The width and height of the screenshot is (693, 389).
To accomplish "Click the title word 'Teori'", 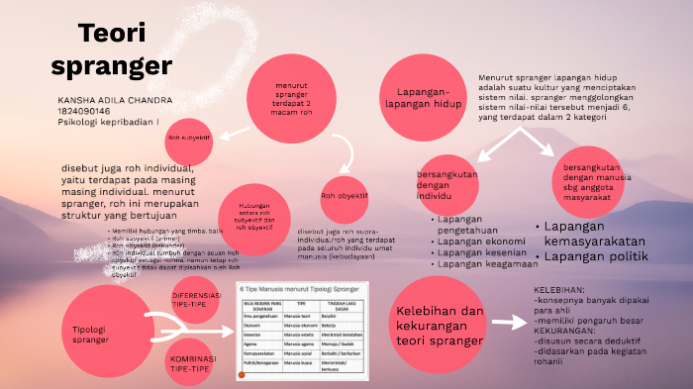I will (112, 35).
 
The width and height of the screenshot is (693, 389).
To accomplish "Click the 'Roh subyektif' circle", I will (189, 138).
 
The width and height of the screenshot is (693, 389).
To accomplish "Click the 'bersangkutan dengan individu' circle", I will (454, 184).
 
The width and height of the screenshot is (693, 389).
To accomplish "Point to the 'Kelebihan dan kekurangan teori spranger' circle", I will (440, 327).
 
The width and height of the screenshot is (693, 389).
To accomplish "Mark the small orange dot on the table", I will (241, 376).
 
